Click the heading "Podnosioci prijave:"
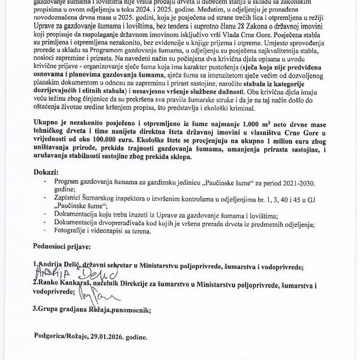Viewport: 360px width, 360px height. (64, 247)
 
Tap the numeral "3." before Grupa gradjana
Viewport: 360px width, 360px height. (37, 310)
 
